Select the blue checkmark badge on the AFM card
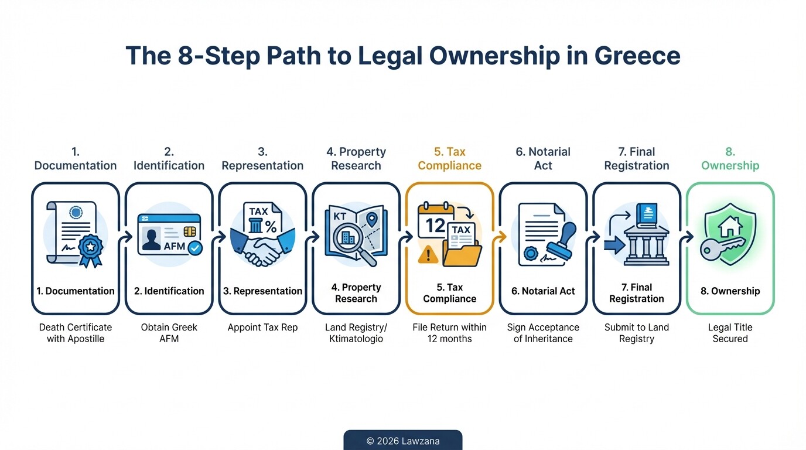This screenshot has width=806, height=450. pos(194,248)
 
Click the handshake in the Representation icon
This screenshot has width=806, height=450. pos(262,249)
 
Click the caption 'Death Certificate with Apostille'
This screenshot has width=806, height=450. pos(76,333)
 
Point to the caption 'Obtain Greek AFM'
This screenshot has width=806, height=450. pos(169,333)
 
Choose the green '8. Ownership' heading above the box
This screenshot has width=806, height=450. pos(730,159)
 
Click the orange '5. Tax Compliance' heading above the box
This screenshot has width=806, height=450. pos(449,159)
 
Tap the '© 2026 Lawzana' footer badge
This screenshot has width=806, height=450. pos(402,441)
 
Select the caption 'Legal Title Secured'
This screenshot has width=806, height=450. pos(730,333)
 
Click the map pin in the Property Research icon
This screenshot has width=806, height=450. pos(371,220)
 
